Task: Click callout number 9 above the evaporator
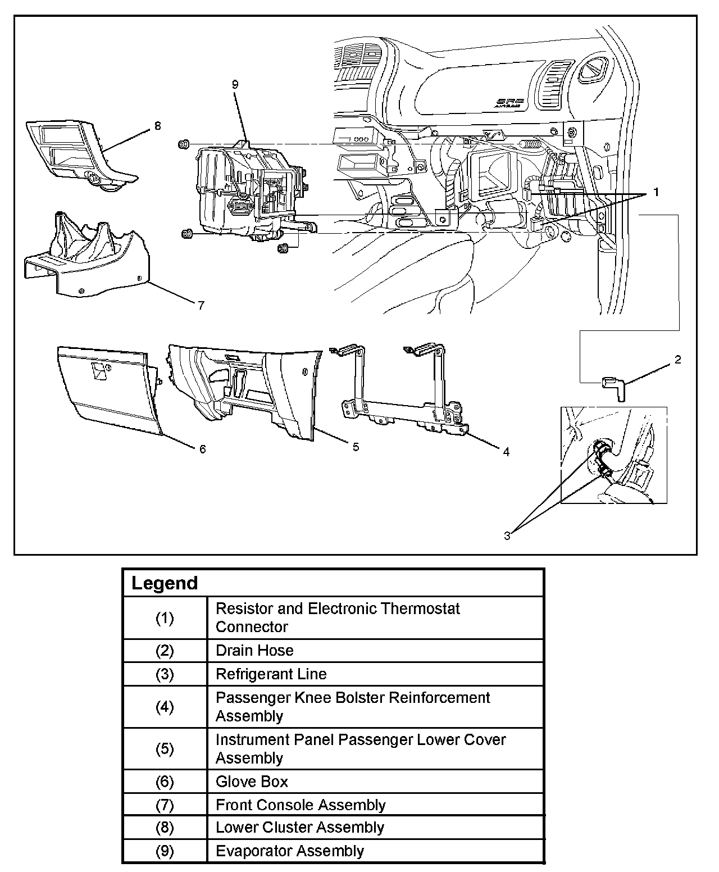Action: click(x=235, y=85)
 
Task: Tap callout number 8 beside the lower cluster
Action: click(x=157, y=126)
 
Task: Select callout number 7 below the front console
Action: click(x=201, y=306)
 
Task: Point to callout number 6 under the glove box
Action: click(x=202, y=449)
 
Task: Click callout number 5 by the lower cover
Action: click(x=356, y=447)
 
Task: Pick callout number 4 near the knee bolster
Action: click(x=506, y=452)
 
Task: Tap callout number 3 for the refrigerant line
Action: click(x=507, y=536)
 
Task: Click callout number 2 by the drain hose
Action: click(x=677, y=360)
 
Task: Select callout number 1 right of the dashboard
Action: click(x=655, y=193)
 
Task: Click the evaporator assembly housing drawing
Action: click(x=247, y=191)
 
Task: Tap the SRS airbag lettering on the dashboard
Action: click(x=509, y=102)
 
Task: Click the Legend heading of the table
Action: click(x=165, y=583)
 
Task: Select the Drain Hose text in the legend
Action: click(x=254, y=651)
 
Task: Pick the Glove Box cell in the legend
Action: click(x=252, y=782)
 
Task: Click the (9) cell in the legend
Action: click(x=165, y=851)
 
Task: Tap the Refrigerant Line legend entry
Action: click(x=271, y=674)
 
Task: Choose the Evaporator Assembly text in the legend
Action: click(x=290, y=851)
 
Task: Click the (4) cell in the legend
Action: click(x=165, y=707)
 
